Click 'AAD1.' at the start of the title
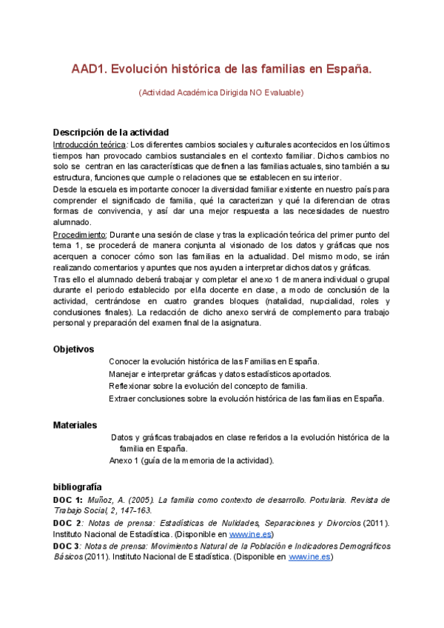pyautogui.click(x=89, y=69)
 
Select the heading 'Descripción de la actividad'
pyautogui.click(x=111, y=132)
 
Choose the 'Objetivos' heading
pyautogui.click(x=73, y=349)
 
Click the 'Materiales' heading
pyautogui.click(x=75, y=425)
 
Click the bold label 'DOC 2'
pyautogui.click(x=67, y=523)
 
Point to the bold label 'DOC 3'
pyautogui.click(x=67, y=546)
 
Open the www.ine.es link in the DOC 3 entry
pyautogui.click(x=310, y=557)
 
